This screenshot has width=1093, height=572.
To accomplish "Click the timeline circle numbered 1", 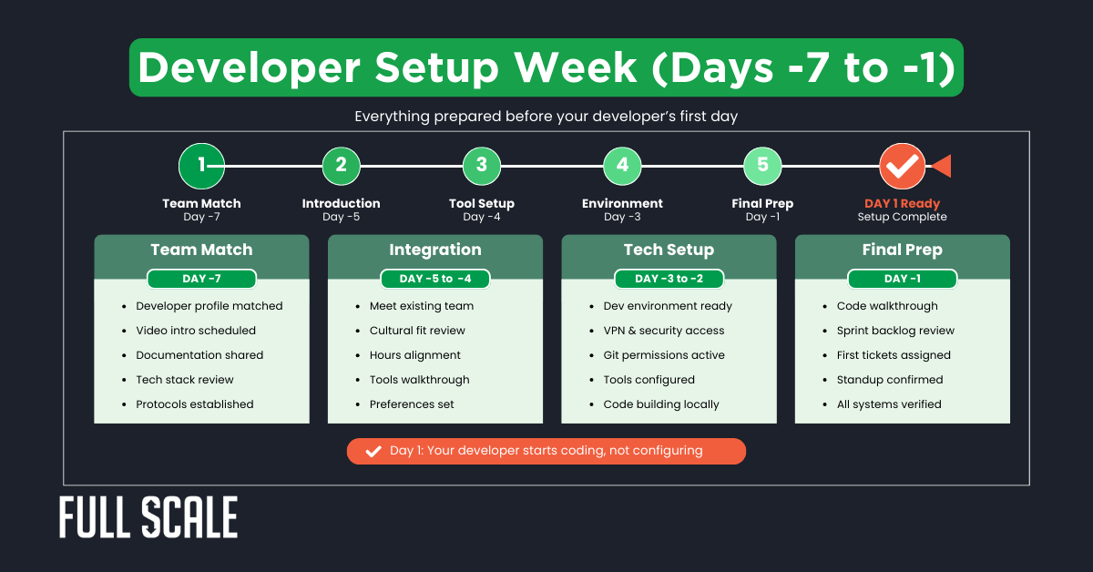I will point(201,166).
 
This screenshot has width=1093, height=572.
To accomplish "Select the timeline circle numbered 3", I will point(482,166).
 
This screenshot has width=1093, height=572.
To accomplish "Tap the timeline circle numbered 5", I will point(762,166).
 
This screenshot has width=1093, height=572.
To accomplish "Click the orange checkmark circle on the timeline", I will point(903,166).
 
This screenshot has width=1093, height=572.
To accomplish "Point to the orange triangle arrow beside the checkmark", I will point(941,166).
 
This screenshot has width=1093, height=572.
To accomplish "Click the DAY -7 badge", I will point(201,279).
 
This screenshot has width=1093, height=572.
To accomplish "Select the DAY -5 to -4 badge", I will point(435,279).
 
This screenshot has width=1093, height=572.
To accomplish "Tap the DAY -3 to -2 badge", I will point(669,279).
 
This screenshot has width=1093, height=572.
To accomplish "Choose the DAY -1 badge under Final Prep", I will point(902,279).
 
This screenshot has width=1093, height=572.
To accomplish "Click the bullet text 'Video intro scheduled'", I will point(196,331).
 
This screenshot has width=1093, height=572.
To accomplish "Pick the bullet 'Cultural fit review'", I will point(417,331).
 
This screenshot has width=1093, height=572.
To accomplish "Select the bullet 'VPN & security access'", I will point(664,331).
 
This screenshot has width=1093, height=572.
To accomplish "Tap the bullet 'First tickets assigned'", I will point(894,355).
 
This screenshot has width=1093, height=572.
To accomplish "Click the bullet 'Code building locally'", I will point(661,404).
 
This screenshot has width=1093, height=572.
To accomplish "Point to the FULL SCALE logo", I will point(148,518).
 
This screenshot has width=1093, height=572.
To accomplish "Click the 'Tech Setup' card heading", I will point(669,250).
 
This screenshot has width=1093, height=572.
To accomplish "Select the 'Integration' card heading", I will point(435,250).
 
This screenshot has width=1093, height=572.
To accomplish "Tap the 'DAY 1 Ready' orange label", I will point(902,203).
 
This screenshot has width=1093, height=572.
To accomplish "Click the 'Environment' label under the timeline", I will point(622,203).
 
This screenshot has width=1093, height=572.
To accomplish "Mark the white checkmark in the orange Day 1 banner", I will point(373,451).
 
